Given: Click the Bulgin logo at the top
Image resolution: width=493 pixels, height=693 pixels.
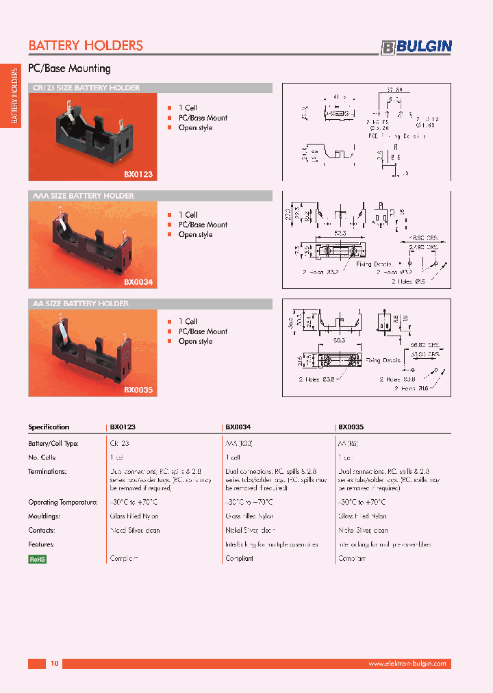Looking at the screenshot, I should click(x=416, y=47).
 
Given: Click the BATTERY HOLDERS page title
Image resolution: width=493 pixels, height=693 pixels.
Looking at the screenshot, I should click(x=86, y=45).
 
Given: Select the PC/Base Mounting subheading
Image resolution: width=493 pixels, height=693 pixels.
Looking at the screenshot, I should click(x=69, y=68).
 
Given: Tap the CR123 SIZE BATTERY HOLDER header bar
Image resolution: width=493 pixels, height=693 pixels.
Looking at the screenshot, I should click(x=150, y=88).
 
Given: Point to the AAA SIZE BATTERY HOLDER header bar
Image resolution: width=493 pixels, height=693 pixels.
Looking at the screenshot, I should click(x=150, y=196).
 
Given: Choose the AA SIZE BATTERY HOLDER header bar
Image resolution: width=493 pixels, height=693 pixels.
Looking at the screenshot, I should click(x=150, y=303).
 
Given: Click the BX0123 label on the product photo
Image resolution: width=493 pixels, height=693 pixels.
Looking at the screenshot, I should click(x=138, y=175).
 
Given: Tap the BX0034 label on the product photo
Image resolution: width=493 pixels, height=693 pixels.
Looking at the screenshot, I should click(x=138, y=281).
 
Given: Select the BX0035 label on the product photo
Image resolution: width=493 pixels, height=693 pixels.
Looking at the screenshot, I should click(x=138, y=390).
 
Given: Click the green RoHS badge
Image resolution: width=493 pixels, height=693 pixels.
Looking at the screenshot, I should click(x=37, y=559).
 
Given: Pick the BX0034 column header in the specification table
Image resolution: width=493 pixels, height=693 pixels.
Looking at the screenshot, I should click(x=238, y=427).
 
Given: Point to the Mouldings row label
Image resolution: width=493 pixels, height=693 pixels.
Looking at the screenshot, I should click(x=45, y=516).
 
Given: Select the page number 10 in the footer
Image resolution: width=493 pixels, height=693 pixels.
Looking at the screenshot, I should click(x=55, y=664).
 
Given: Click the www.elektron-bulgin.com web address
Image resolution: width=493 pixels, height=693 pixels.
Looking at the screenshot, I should click(x=407, y=664).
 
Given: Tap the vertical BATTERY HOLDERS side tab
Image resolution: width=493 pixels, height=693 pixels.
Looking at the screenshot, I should click(x=14, y=97).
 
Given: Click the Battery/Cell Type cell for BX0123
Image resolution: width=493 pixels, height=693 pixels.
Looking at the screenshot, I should click(x=120, y=443).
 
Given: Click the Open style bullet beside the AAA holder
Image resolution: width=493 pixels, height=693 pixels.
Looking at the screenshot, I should click(x=195, y=234).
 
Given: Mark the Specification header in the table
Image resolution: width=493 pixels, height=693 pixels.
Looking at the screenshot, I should click(x=49, y=427).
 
